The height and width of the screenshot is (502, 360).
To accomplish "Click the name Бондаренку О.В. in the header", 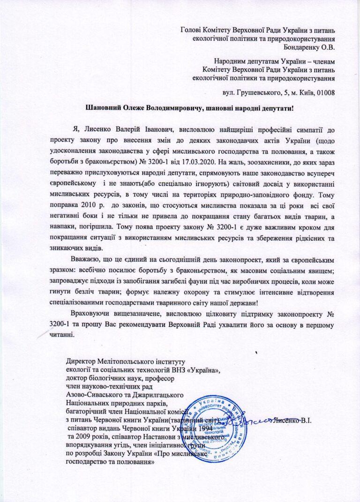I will tap(309, 46).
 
